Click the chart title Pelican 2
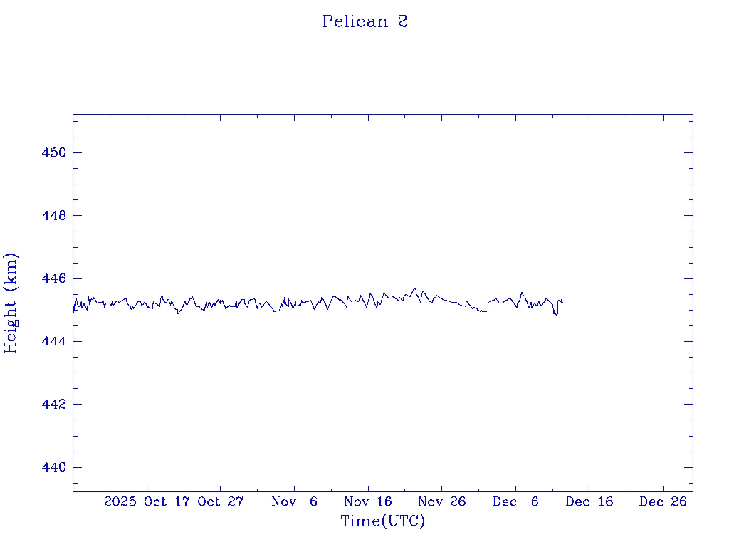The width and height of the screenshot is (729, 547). pos(364,21)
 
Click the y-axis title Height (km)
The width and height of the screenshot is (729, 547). pos(11,303)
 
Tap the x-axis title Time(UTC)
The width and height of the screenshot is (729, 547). pos(382,521)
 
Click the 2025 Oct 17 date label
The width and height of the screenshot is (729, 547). pos(147,501)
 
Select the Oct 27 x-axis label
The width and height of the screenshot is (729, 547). pos(221,501)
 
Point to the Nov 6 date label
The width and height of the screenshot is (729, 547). pos(295,501)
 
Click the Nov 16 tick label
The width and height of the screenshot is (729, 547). pos(368,501)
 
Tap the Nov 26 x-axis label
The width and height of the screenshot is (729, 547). pos(441,501)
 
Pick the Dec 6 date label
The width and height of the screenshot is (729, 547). pos(515,501)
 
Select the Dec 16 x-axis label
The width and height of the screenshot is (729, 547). pos(589,501)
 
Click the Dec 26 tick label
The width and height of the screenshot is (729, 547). pos(663,501)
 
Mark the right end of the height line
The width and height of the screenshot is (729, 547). pos(563,302)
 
